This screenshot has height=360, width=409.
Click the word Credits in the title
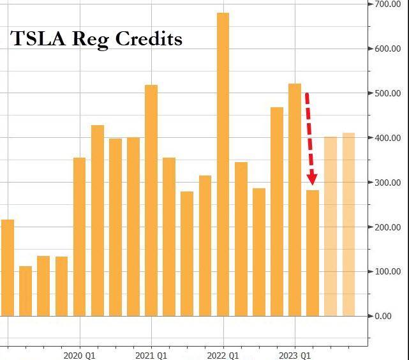tap(151, 39)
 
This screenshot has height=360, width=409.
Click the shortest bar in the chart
tap(26, 290)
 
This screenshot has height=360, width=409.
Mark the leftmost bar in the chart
tap(7, 267)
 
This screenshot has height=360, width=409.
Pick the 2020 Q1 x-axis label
tap(80, 354)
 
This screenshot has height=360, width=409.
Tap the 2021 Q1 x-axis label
tap(151, 354)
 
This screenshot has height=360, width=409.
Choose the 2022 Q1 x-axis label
tap(223, 354)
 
